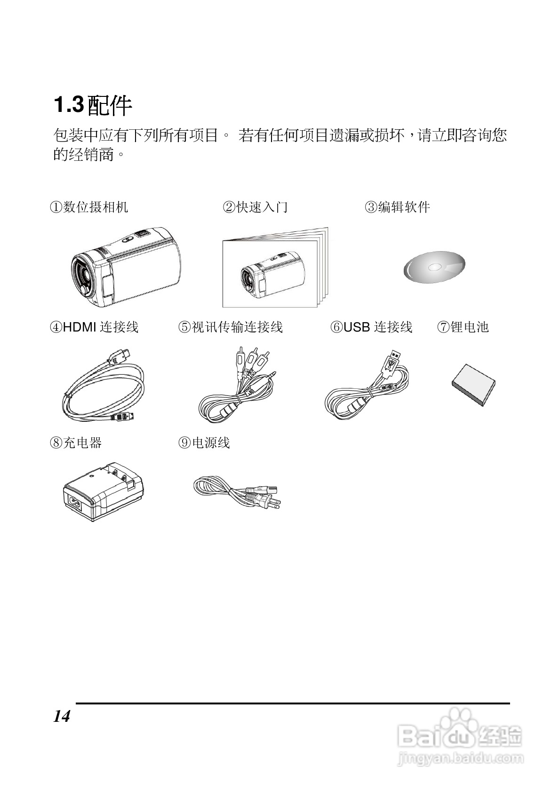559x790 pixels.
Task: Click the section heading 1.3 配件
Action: pos(93,105)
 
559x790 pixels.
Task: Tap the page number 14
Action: pos(62,716)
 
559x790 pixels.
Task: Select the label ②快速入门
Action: pos(255,207)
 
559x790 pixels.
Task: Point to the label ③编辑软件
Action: pos(398,207)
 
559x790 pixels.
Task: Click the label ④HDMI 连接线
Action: pos(94,327)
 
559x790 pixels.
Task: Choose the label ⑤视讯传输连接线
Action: pos(231,327)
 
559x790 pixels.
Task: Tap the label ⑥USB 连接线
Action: pos(372,327)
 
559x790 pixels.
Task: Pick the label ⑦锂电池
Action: pos(463,327)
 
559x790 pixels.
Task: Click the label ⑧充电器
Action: pos(76,442)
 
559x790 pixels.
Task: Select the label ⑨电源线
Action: pos(204,442)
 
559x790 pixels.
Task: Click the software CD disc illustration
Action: pos(434,268)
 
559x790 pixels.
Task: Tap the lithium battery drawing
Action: pos(474,384)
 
